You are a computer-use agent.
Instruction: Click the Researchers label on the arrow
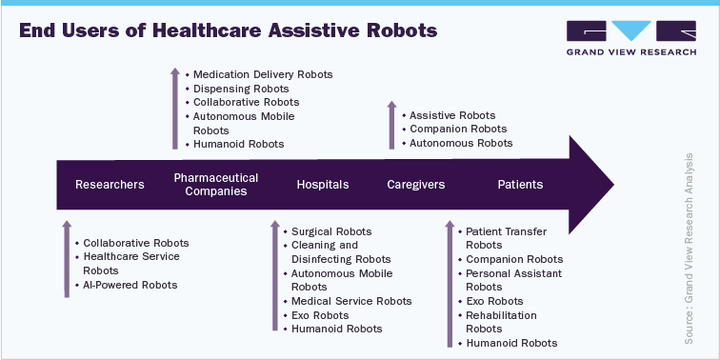click(110, 185)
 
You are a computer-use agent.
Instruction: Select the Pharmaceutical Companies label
click(216, 185)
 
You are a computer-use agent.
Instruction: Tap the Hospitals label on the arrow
click(323, 185)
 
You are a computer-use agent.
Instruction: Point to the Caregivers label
click(416, 185)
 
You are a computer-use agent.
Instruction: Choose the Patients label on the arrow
click(520, 185)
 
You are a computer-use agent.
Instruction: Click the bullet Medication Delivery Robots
click(262, 74)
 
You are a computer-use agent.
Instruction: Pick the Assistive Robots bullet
click(452, 115)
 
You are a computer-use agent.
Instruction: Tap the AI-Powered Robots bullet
click(130, 285)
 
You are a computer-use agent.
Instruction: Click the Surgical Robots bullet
click(331, 231)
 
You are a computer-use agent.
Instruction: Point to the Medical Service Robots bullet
click(351, 301)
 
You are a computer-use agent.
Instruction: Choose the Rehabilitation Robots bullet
click(501, 322)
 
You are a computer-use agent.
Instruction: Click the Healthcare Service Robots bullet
click(130, 264)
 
